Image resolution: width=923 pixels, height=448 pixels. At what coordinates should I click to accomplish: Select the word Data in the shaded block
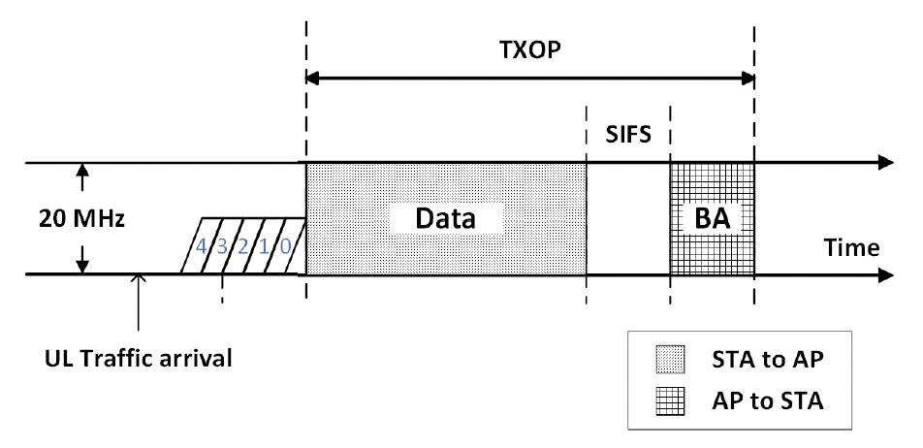pos(447,218)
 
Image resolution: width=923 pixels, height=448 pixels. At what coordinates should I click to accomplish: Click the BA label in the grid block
pos(713,219)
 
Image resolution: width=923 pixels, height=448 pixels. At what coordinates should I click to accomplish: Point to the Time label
pos(852,248)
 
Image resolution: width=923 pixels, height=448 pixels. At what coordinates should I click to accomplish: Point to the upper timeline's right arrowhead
pos(883,163)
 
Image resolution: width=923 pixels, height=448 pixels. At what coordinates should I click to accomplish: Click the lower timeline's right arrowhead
pos(883,274)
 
